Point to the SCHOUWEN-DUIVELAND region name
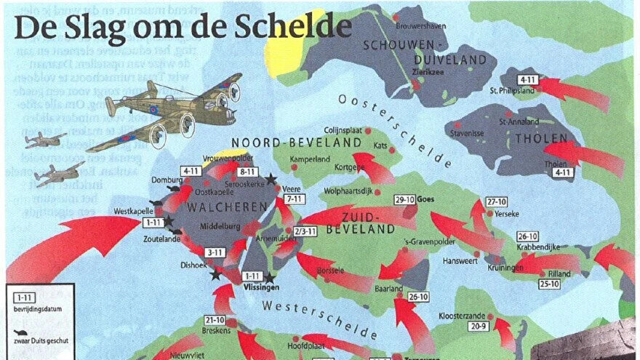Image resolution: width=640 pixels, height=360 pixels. [412, 51]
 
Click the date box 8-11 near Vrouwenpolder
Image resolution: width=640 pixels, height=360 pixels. [247, 172]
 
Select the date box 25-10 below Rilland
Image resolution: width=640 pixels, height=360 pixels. [548, 284]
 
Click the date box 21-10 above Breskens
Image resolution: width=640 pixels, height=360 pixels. [215, 320]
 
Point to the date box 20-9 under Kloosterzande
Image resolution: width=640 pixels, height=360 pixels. [479, 327]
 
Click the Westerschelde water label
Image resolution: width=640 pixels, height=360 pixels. [320, 317]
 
